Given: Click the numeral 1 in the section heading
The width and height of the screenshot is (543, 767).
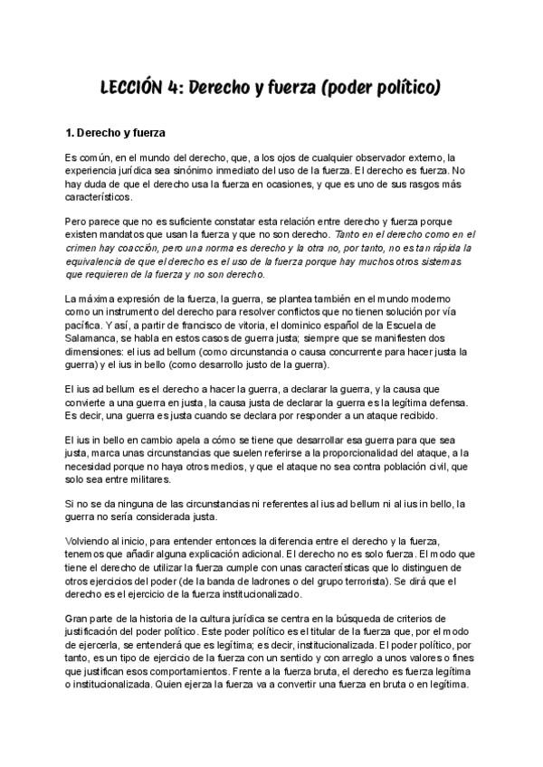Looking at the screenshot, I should [69, 133].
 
